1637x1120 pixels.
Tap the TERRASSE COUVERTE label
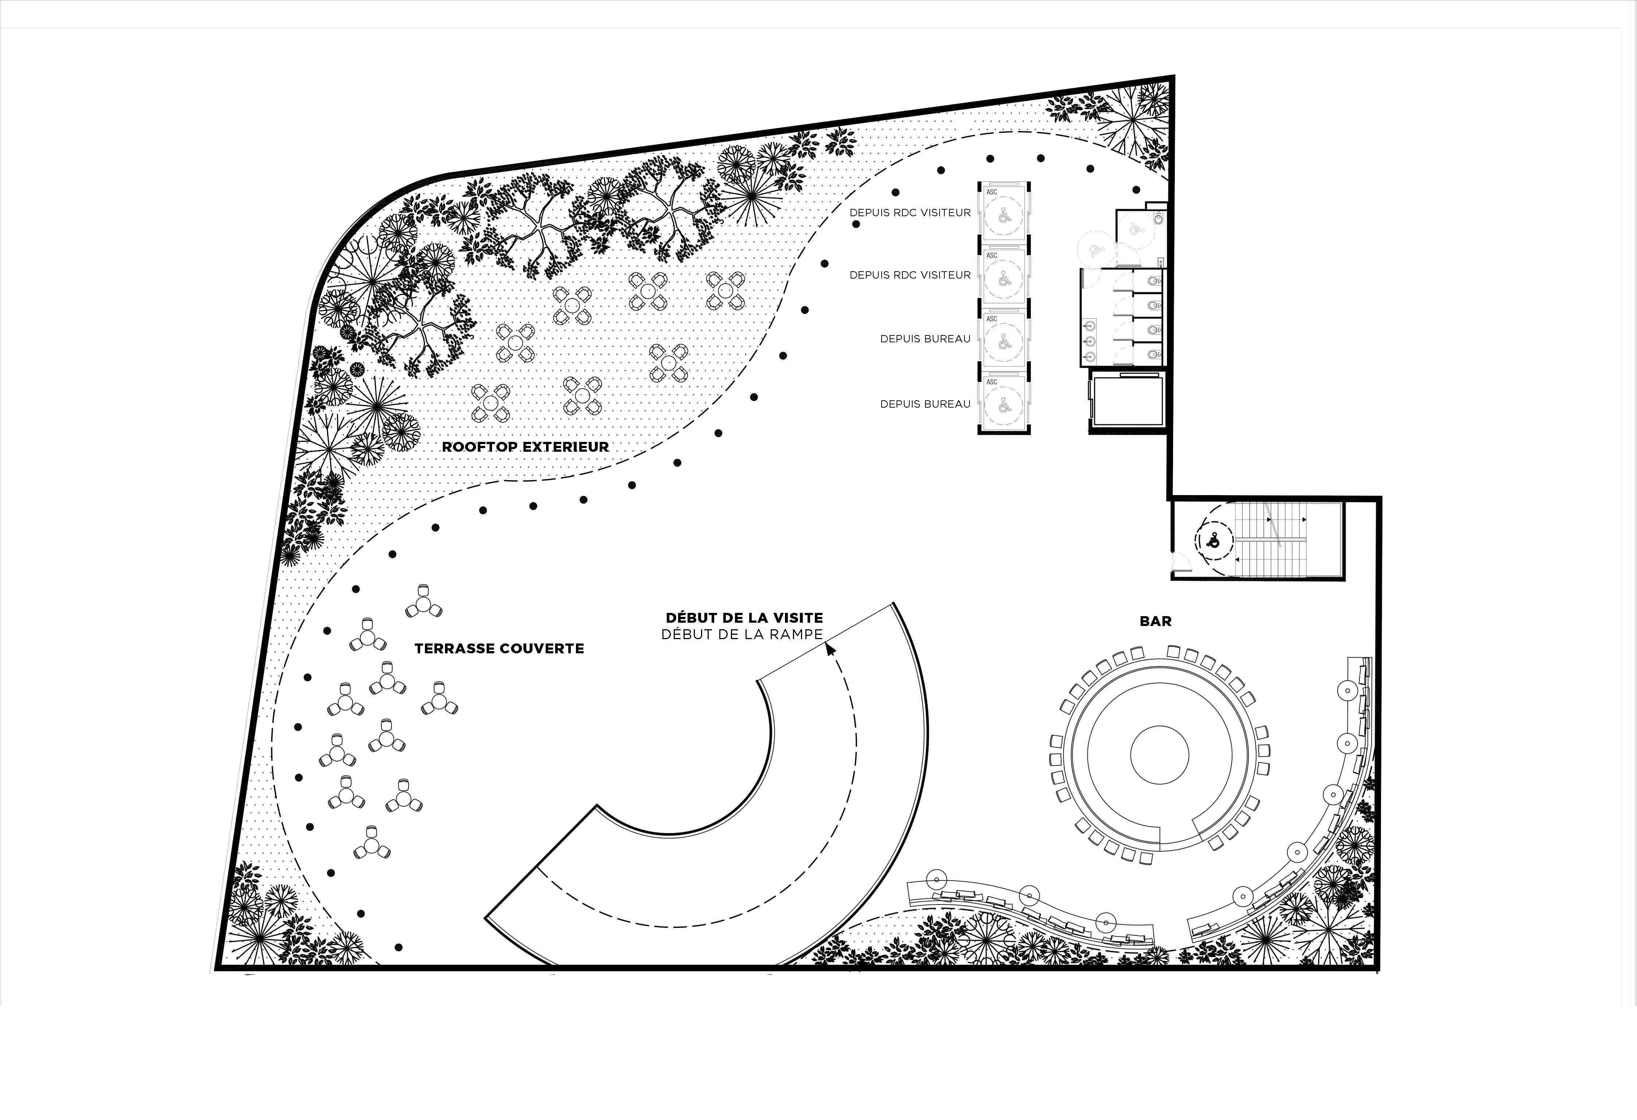coord(499,648)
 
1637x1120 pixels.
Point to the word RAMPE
coord(797,634)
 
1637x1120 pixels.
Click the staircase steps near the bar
coord(1272,541)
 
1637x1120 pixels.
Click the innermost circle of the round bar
coord(1160,755)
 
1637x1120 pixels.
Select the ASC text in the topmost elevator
coord(992,191)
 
